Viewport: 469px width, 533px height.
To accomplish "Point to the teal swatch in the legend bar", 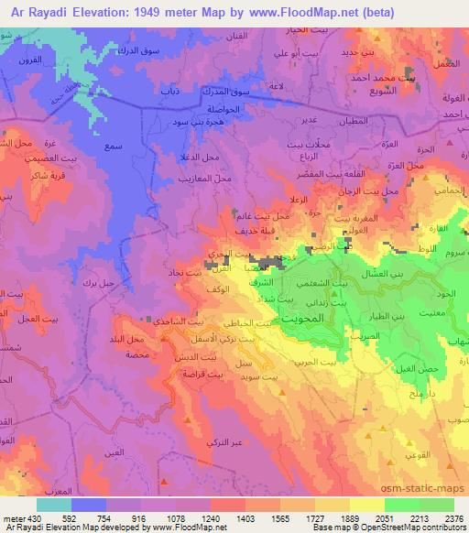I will coord(54,505).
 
